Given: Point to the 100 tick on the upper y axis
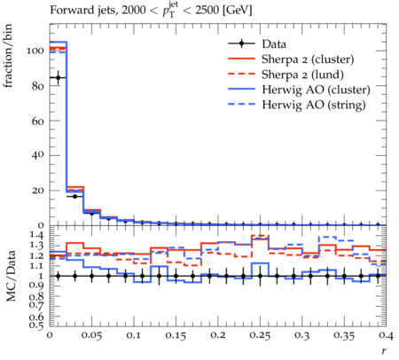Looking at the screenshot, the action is tap(35, 51).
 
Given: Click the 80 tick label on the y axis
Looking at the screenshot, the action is tap(37, 86).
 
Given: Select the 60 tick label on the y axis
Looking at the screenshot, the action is tap(37, 121).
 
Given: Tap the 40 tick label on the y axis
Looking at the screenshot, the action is tap(37, 155).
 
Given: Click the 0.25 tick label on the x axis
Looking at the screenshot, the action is tap(260, 335).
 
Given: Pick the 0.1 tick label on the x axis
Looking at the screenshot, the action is tap(134, 335).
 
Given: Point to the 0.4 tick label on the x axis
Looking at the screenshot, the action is tap(386, 335).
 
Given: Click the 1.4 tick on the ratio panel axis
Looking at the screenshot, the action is tap(36, 235).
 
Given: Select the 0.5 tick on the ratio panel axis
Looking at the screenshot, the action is tap(36, 325).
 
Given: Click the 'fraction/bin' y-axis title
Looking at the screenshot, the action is tap(8, 56).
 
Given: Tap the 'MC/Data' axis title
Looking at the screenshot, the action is tap(11, 276).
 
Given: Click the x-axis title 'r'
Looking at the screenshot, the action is tap(384, 351).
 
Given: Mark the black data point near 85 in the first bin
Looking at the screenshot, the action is tap(59, 78).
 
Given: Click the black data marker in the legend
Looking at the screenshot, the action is tap(241, 43).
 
